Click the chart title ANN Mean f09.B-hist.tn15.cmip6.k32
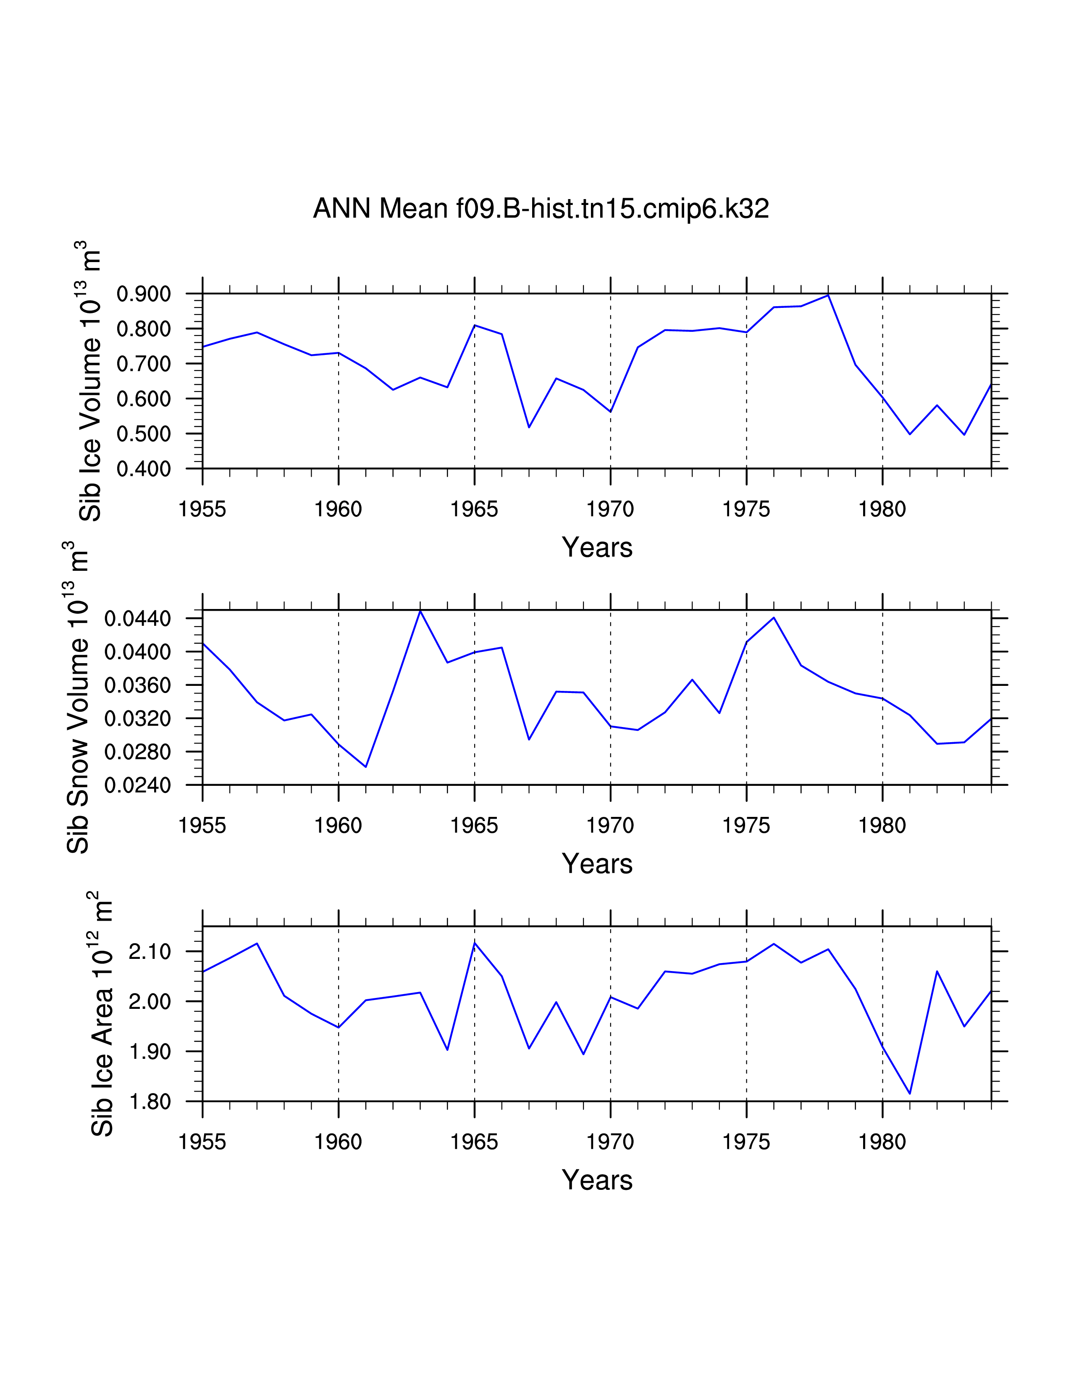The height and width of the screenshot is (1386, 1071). point(541,209)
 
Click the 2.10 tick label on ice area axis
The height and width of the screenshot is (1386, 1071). point(150,952)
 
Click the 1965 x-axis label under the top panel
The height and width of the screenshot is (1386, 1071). point(474,509)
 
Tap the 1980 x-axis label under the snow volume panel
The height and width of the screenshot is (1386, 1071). point(882,826)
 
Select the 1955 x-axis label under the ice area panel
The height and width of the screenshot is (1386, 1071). point(202,1142)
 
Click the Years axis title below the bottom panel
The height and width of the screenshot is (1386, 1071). point(597,1180)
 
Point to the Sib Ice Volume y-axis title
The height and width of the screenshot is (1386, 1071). point(90,381)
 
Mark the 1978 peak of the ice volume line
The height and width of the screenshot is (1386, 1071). point(828,295)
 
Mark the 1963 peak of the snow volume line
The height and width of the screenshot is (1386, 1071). point(420,611)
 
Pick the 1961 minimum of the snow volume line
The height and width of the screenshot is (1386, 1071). point(365,766)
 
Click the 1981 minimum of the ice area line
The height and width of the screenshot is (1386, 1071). point(910,1093)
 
